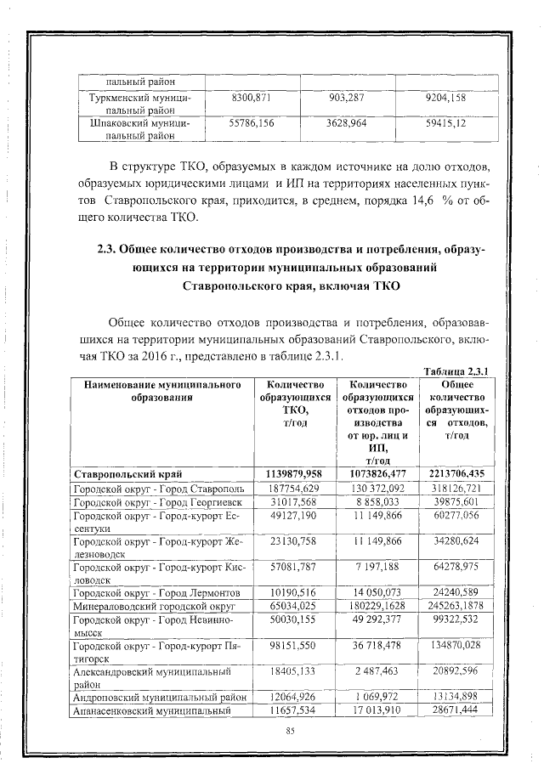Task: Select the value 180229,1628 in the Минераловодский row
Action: [x=376, y=608]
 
